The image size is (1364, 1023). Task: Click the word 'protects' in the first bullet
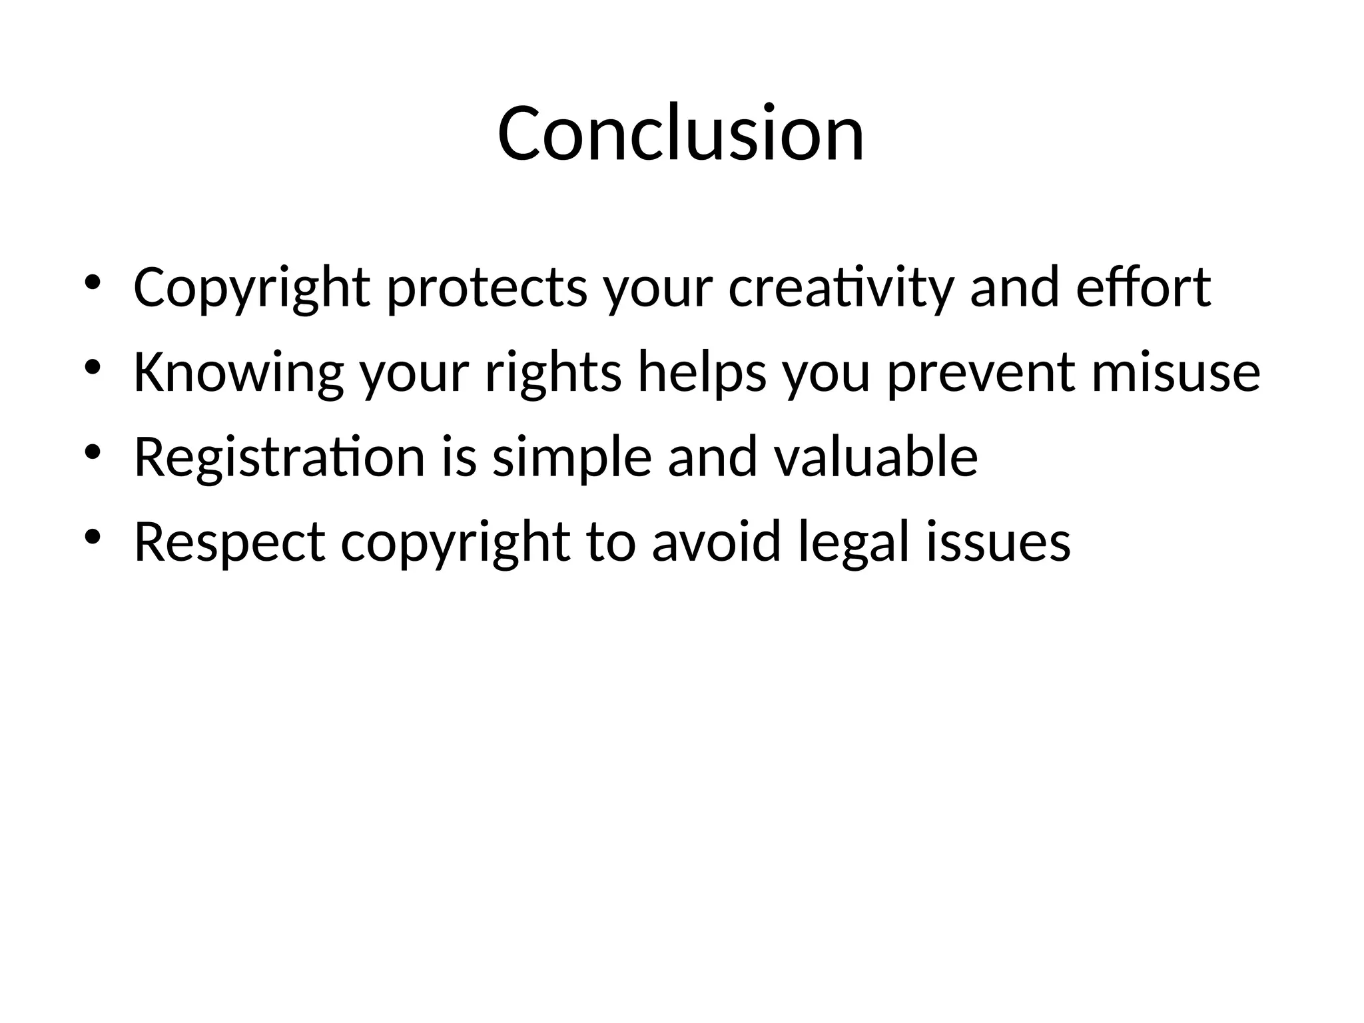click(x=487, y=288)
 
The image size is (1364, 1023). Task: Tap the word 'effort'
click(x=1143, y=288)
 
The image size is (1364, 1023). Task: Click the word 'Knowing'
click(x=238, y=373)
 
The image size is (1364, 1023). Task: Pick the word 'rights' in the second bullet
click(x=553, y=373)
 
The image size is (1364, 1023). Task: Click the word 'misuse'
click(x=1176, y=373)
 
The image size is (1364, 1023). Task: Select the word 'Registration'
click(x=279, y=458)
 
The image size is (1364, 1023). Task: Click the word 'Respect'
click(x=230, y=543)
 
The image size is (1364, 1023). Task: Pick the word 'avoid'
click(x=715, y=543)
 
